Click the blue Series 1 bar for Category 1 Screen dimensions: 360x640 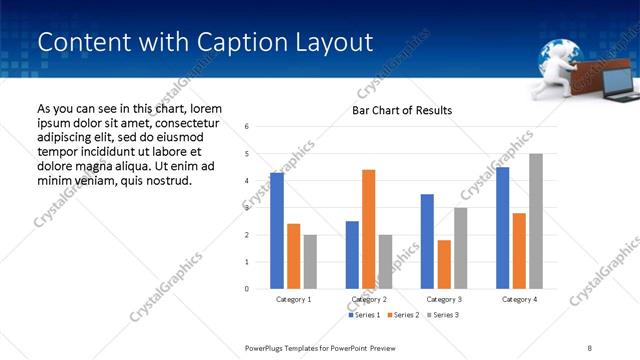pos(277,231)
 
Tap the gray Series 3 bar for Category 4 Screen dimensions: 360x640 pos(536,221)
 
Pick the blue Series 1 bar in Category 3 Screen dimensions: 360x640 pos(427,241)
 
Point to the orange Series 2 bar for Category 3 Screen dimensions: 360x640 pos(444,264)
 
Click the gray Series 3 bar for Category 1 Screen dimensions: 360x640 pos(310,261)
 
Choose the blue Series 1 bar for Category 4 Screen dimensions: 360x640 pos(503,228)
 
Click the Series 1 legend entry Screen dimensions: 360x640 pos(366,315)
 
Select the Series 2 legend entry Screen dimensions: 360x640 pos(403,315)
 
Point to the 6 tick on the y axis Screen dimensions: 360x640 pos(247,127)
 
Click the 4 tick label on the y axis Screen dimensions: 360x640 pos(247,181)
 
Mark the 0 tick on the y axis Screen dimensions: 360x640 pos(247,289)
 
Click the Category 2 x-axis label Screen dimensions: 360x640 pos(369,299)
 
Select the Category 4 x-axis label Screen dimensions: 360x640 pos(519,299)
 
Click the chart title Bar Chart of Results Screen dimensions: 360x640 pos(402,110)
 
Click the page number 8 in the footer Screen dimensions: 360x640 pos(589,347)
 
